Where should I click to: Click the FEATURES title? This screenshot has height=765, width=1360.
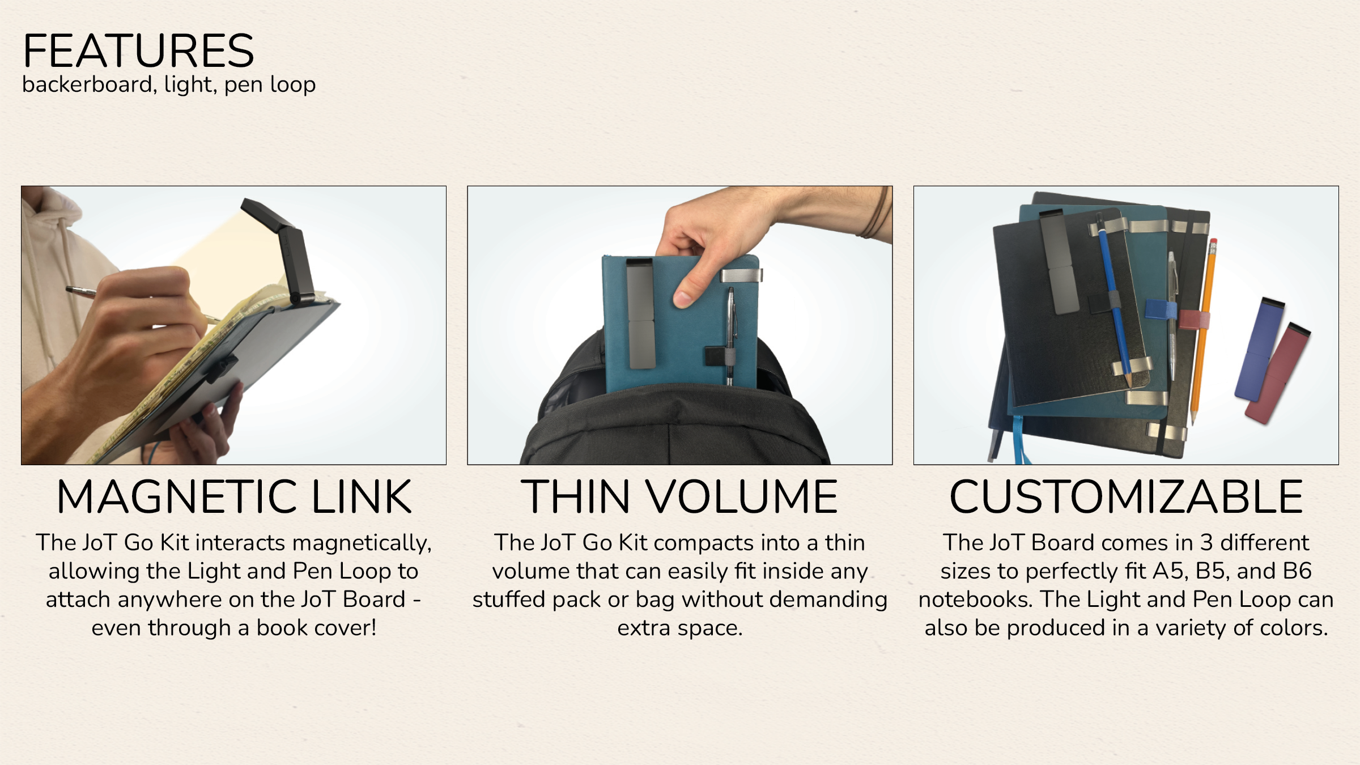138,51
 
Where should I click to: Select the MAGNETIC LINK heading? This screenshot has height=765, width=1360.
234,497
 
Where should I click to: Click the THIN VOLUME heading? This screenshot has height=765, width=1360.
679,497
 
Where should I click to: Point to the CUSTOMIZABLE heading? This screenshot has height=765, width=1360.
1127,497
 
